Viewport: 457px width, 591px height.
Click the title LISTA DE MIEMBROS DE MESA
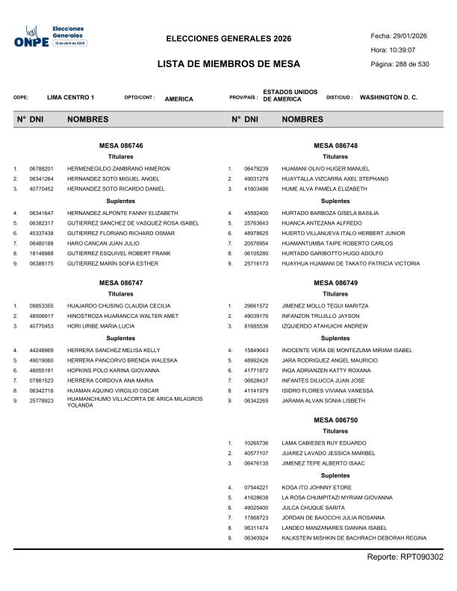(228, 65)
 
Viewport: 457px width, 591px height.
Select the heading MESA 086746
(121, 146)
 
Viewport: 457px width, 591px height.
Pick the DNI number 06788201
(41, 169)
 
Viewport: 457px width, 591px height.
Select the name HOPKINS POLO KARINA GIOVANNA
(113, 370)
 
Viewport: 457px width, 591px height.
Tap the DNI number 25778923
(41, 401)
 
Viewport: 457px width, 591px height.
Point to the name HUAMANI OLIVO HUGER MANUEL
(326, 169)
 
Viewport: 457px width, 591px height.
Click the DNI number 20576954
(256, 243)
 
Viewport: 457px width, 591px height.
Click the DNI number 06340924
(256, 538)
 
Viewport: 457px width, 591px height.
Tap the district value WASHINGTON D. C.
(388, 98)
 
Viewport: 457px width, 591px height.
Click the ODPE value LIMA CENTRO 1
(70, 98)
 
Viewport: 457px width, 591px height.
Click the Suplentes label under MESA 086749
(335, 338)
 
